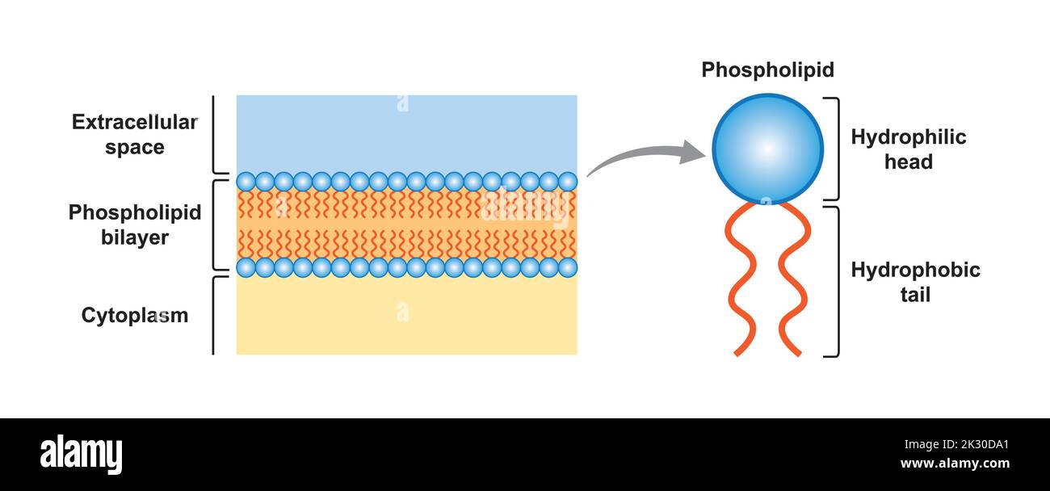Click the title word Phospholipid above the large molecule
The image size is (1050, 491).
coord(767,70)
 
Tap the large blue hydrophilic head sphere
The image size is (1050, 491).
coord(767,149)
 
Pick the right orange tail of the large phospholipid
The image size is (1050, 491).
coord(792,279)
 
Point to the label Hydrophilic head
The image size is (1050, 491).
coord(908,149)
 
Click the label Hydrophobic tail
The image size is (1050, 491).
coord(915,282)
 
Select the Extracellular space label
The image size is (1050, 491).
coord(134,135)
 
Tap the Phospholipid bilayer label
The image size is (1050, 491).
coord(134,225)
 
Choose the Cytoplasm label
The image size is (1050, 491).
coord(134,315)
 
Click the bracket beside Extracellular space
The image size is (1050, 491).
coord(215,135)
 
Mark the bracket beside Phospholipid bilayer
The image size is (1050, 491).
coord(215,225)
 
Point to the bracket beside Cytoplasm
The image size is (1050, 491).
coord(215,315)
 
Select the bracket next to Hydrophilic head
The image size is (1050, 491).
coord(835,149)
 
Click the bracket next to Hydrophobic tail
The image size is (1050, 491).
coord(835,282)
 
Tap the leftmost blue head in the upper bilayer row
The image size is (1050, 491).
coord(246,182)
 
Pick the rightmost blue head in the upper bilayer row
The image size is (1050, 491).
coord(568,182)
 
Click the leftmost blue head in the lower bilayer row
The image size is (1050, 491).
coord(246,267)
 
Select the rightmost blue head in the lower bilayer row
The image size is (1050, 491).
coord(568,267)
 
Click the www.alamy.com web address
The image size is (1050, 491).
coord(954,464)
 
